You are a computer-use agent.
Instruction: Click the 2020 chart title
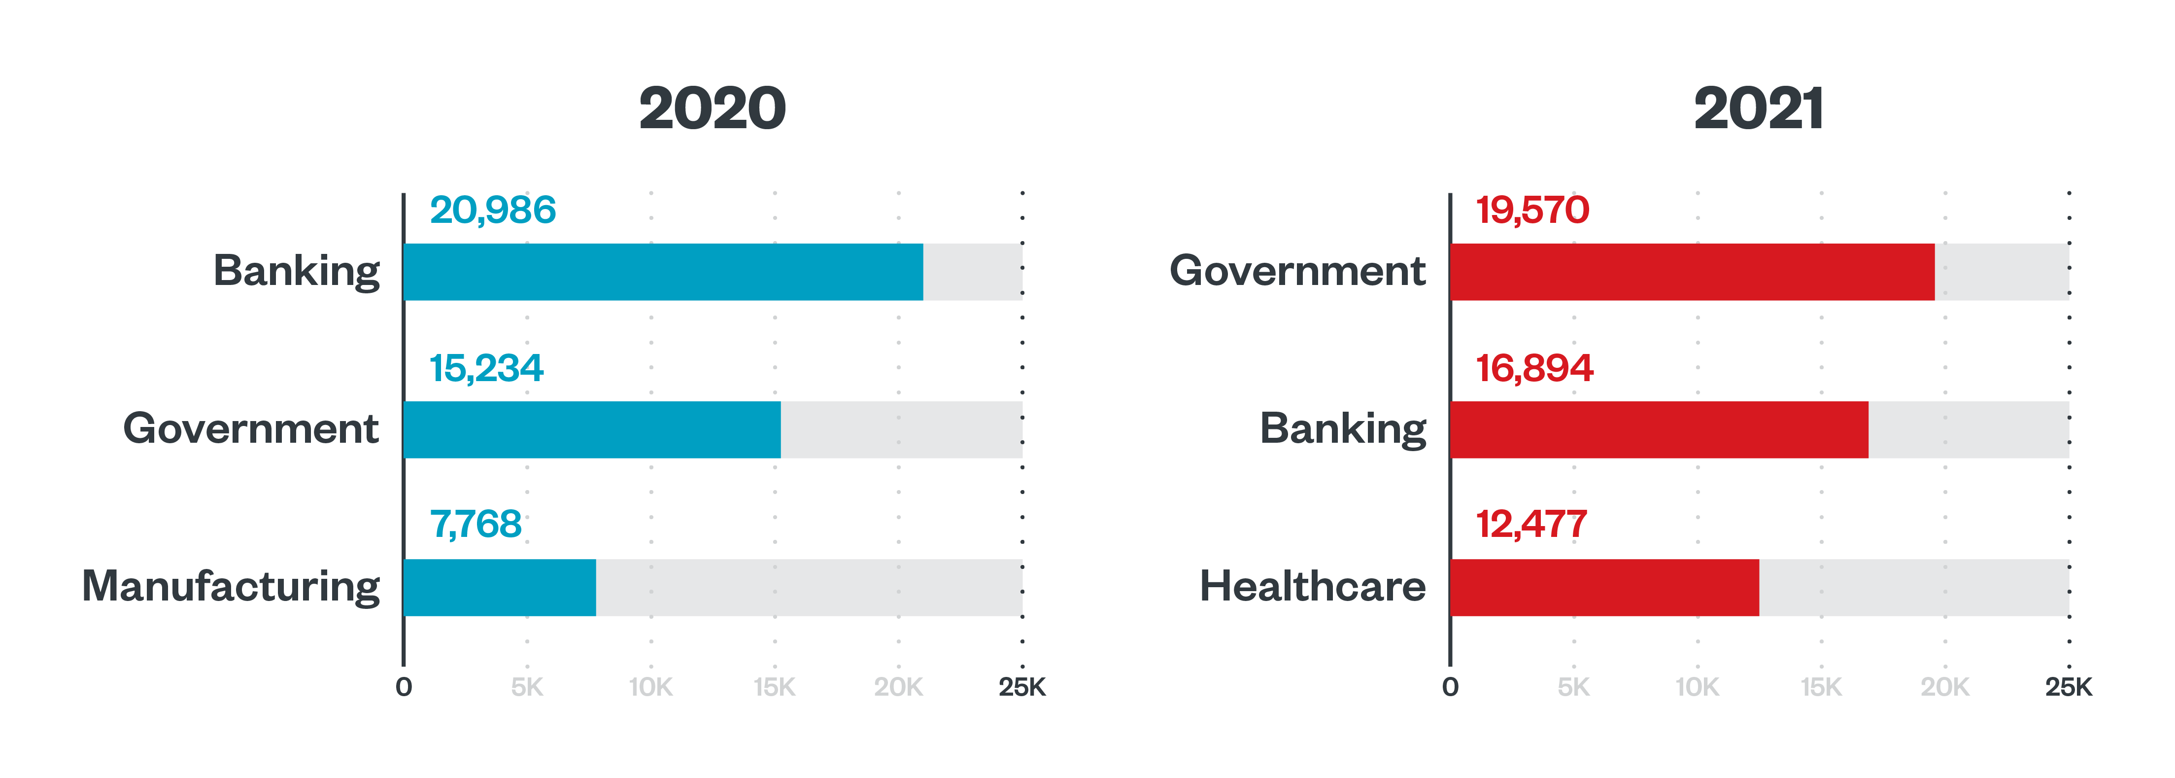pos(712,109)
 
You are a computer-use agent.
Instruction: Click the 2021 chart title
pos(1759,109)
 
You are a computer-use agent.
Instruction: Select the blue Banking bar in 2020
pos(663,272)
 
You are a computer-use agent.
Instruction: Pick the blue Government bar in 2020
pos(592,430)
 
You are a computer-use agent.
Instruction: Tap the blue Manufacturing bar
pos(500,587)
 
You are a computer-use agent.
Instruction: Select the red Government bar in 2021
pos(1692,272)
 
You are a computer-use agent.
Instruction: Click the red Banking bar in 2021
pos(1659,430)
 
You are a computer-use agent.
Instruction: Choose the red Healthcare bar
pos(1604,587)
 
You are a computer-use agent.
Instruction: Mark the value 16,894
pos(1533,368)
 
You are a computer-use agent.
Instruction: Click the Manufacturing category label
pos(231,586)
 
